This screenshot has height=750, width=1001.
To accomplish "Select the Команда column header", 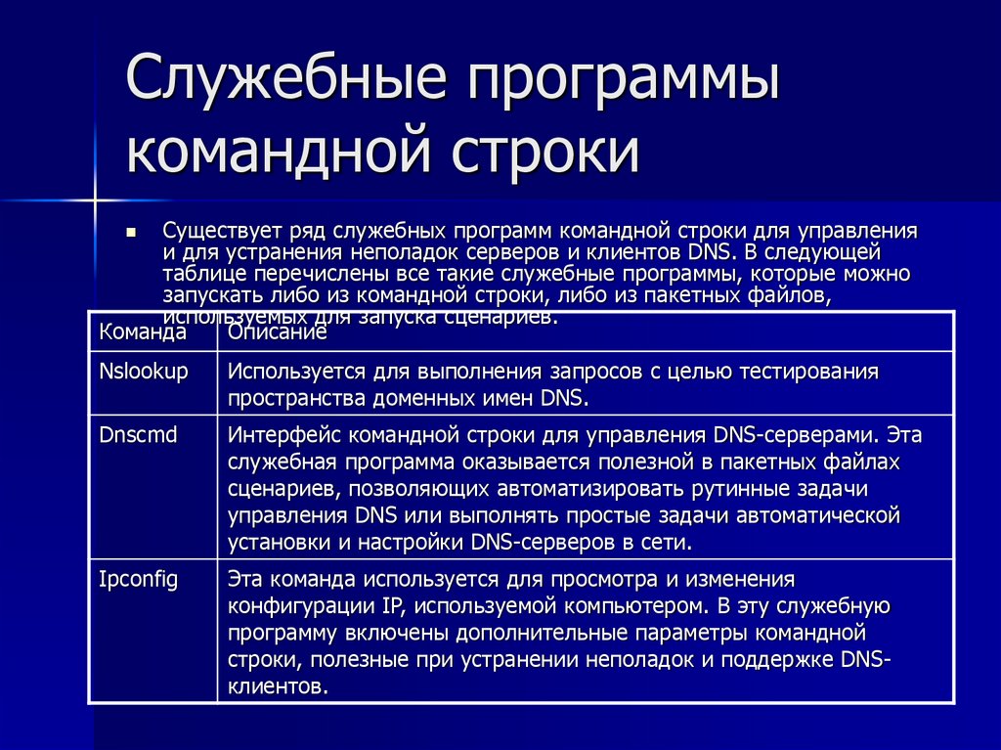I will [143, 332].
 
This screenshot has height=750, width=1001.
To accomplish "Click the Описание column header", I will [277, 332].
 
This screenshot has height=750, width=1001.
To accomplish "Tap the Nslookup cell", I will [144, 371].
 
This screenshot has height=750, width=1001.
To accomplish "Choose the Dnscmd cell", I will [139, 435].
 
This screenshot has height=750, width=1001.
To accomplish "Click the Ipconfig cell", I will [139, 580].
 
